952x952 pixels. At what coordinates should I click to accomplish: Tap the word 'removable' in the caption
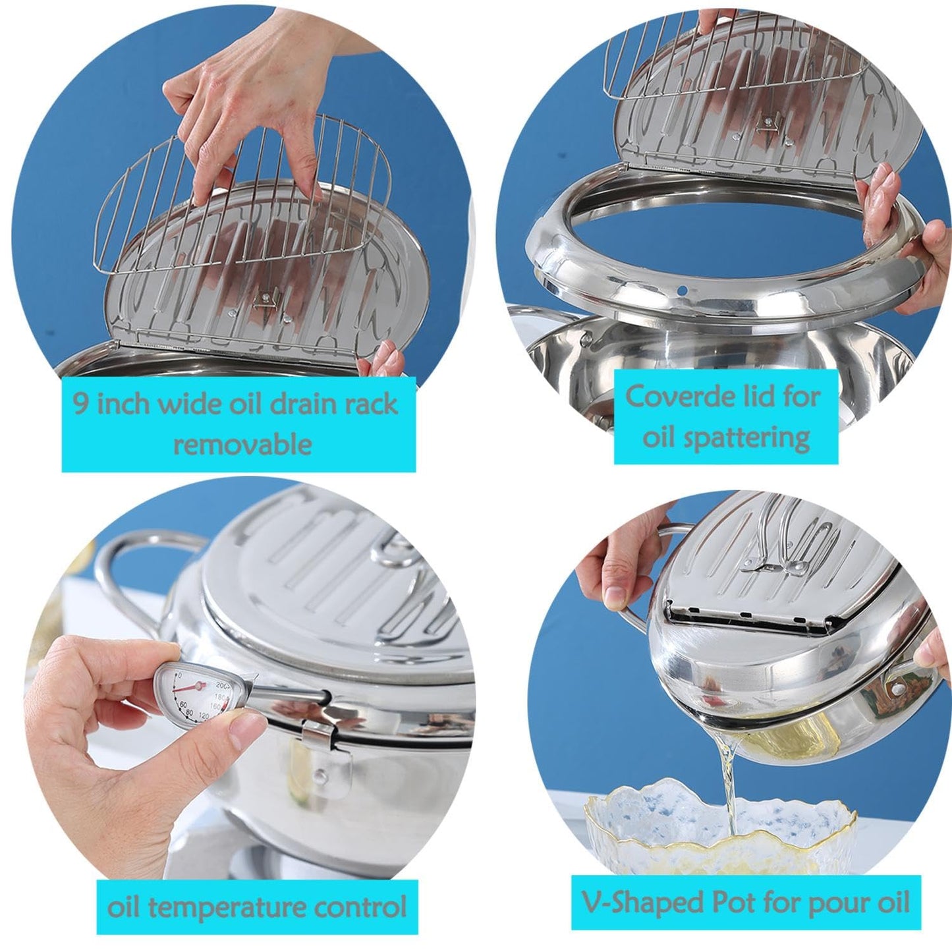242,443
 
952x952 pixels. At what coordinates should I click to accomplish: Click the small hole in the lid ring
683,291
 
